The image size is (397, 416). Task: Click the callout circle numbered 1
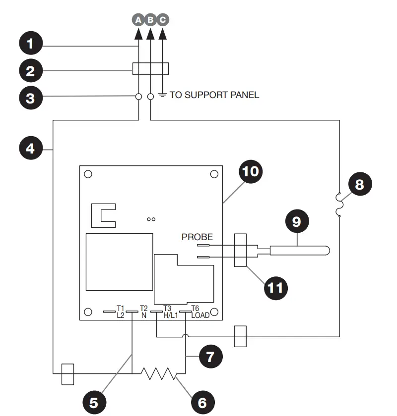(31, 44)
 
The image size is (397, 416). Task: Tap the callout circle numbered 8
(360, 185)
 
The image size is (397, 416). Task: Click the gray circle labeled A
(138, 20)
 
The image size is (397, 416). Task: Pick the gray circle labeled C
(163, 20)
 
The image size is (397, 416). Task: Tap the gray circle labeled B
(150, 20)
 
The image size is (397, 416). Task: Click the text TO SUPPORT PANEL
(214, 95)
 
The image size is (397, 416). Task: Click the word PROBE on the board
(197, 237)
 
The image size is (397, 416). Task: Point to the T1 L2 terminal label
(120, 311)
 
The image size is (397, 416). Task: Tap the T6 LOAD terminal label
(199, 311)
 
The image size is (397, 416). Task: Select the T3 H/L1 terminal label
(167, 311)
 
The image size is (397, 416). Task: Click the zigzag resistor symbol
(158, 373)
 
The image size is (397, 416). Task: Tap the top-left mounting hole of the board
(88, 174)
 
